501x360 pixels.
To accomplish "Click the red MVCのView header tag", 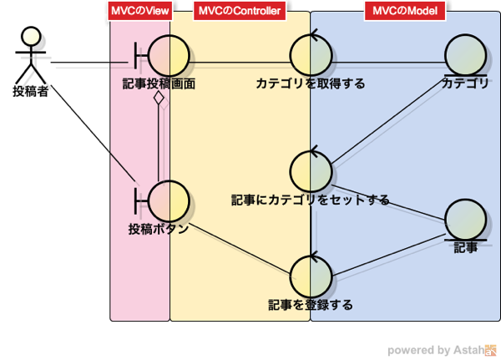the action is (x=140, y=11).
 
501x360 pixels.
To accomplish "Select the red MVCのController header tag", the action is (x=240, y=11).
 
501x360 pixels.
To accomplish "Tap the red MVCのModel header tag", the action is (x=405, y=11).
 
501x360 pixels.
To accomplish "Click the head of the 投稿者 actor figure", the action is (x=31, y=37).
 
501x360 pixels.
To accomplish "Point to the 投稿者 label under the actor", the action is (x=31, y=91).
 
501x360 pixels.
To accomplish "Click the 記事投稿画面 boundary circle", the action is (x=169, y=56).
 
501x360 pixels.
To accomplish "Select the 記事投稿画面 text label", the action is (x=159, y=84).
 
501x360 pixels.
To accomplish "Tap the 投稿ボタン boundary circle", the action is (x=169, y=201).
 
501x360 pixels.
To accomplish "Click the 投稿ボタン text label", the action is (x=159, y=229).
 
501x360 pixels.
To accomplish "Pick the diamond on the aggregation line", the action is (x=159, y=98).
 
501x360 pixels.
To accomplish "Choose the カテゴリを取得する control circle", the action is (x=311, y=55).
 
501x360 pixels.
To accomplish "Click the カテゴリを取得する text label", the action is (x=311, y=84).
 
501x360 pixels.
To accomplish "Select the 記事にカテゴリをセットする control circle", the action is (x=311, y=171).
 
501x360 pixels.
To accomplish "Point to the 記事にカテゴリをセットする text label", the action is (x=311, y=200).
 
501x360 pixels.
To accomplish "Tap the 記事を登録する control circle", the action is (x=311, y=276).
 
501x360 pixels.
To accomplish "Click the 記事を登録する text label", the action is (x=311, y=305).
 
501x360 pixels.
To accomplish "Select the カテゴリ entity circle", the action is (x=466, y=55).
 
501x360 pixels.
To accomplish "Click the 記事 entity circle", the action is (x=466, y=220).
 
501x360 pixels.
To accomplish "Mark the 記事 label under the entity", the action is (x=466, y=247).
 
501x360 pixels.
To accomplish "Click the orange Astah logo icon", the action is (x=490, y=350).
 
